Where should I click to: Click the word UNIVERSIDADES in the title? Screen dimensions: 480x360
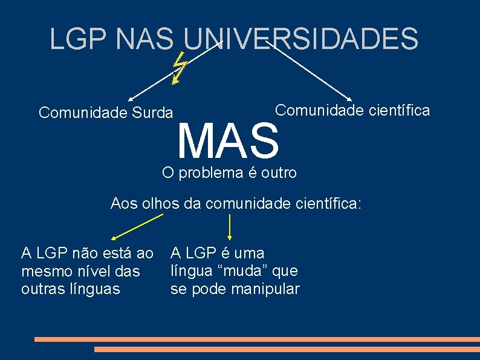coord(300,39)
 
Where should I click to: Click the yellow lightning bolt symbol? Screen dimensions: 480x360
coord(179,67)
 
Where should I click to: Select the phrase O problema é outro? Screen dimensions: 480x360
coord(230,173)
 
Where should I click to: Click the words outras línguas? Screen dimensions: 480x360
coord(70,289)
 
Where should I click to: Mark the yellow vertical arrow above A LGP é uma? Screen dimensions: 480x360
coord(230,227)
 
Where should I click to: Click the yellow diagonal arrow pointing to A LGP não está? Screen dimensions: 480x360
coord(136,225)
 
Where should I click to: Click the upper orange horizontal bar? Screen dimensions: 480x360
coord(257,339)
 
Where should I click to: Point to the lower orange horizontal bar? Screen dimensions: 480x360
coord(287,349)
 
